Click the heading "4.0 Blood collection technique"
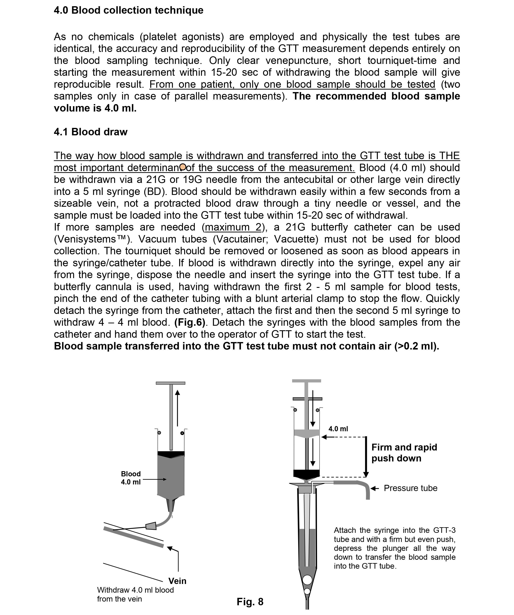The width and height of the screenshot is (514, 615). pos(128,10)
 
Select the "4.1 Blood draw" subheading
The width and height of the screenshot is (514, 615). pos(91,132)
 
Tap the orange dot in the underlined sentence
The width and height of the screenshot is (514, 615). pos(183,167)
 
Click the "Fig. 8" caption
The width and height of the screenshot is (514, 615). pos(250,602)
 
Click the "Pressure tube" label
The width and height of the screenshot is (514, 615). pos(410,488)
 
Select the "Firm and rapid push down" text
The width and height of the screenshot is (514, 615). pos(404,453)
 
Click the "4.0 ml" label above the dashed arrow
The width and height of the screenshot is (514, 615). pos(338,429)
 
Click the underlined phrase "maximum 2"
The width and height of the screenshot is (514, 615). pos(233,227)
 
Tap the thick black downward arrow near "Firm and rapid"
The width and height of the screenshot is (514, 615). pos(366,457)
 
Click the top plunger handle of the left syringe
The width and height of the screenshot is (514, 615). pos(170,383)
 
